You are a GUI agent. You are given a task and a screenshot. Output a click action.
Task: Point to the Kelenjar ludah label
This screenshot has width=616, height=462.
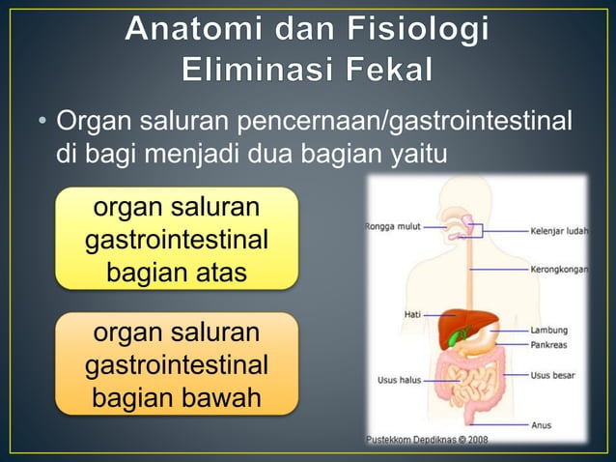[x=559, y=232]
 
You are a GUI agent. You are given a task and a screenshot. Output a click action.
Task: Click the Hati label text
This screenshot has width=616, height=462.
[x=411, y=314]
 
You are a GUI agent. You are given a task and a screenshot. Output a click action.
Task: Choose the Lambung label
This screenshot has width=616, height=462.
[x=548, y=330]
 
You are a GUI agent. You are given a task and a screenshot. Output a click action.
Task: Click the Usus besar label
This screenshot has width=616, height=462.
[x=553, y=374]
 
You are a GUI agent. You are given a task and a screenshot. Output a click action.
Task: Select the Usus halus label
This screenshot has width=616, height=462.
[x=398, y=381]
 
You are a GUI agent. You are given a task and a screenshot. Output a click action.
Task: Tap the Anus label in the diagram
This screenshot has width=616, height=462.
[x=541, y=424]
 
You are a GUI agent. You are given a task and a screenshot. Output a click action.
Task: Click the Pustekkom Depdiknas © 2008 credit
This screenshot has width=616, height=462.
[x=426, y=440]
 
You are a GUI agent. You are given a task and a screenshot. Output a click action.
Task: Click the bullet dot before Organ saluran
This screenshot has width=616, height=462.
[x=42, y=125]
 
